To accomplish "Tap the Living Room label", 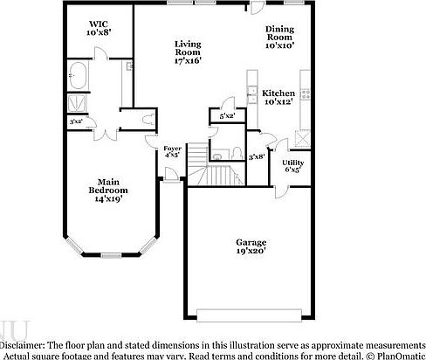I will [188, 52].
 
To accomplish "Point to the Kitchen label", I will [279, 97].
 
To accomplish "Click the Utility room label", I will [292, 166].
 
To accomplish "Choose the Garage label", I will [251, 246].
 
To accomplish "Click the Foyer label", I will [173, 152].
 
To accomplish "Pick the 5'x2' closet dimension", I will [227, 114].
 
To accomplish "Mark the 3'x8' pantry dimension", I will [256, 156].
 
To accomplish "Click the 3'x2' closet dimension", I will [76, 121].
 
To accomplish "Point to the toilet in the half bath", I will [236, 153].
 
